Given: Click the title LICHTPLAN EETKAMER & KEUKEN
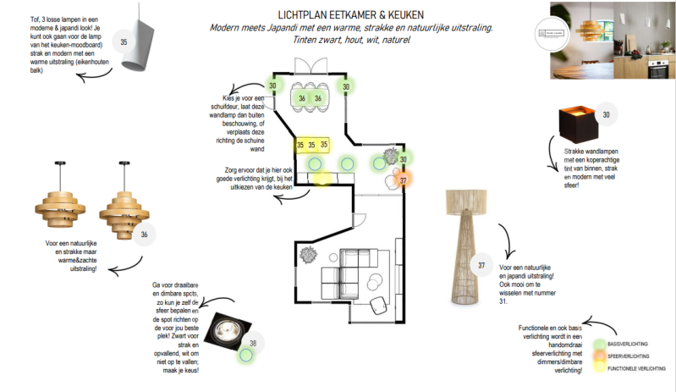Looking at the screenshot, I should (350, 14).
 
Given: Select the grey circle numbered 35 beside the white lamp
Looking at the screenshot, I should (124, 41).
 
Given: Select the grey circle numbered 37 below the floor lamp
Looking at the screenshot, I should (481, 266).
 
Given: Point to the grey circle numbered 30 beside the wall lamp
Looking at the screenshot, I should (605, 115).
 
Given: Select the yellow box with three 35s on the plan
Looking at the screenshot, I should (311, 146).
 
